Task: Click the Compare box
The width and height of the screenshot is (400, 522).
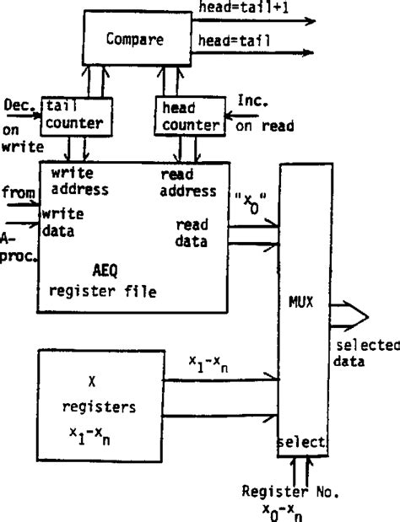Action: coord(136,39)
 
